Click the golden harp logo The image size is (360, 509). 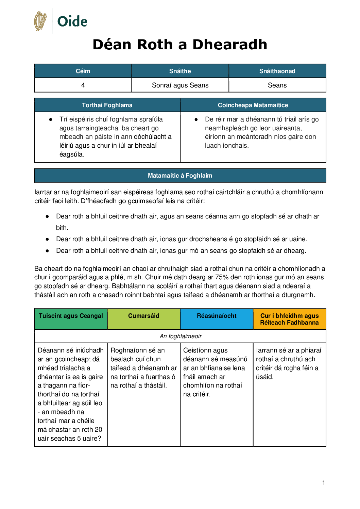point(40,21)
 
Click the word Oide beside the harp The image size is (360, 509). point(72,21)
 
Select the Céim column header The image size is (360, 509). point(83,71)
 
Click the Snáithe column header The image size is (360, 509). point(180,71)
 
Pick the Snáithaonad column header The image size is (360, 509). point(277,71)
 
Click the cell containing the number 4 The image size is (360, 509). point(83,85)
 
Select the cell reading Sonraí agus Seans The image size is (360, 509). point(180,85)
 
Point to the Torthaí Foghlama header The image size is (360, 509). point(107,105)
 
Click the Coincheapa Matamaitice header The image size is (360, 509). point(253,105)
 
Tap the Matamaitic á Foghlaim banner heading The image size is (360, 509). point(180,176)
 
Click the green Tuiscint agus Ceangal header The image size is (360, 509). point(71,316)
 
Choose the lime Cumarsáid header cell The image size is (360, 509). point(143,316)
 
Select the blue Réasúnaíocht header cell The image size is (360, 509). point(217,316)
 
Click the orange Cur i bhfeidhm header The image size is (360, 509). point(289,319)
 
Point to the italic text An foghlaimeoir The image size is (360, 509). point(181,336)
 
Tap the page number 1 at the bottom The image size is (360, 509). point(324,482)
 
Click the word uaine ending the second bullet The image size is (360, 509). point(297,239)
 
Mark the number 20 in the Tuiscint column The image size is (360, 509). point(98,430)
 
